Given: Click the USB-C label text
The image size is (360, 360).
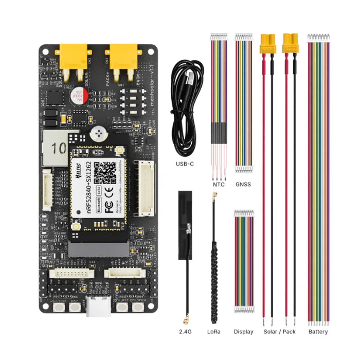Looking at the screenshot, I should click(185, 165).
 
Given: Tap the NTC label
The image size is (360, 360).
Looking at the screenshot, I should click(218, 184).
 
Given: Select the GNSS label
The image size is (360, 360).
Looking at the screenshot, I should click(243, 184).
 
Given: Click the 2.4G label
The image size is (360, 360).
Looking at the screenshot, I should click(186, 332).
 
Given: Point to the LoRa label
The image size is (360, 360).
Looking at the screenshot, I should click(213, 332).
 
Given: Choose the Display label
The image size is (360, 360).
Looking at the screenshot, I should click(243, 332).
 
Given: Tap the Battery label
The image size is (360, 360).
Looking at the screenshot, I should click(318, 332).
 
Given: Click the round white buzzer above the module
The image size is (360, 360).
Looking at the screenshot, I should click(97, 134).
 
